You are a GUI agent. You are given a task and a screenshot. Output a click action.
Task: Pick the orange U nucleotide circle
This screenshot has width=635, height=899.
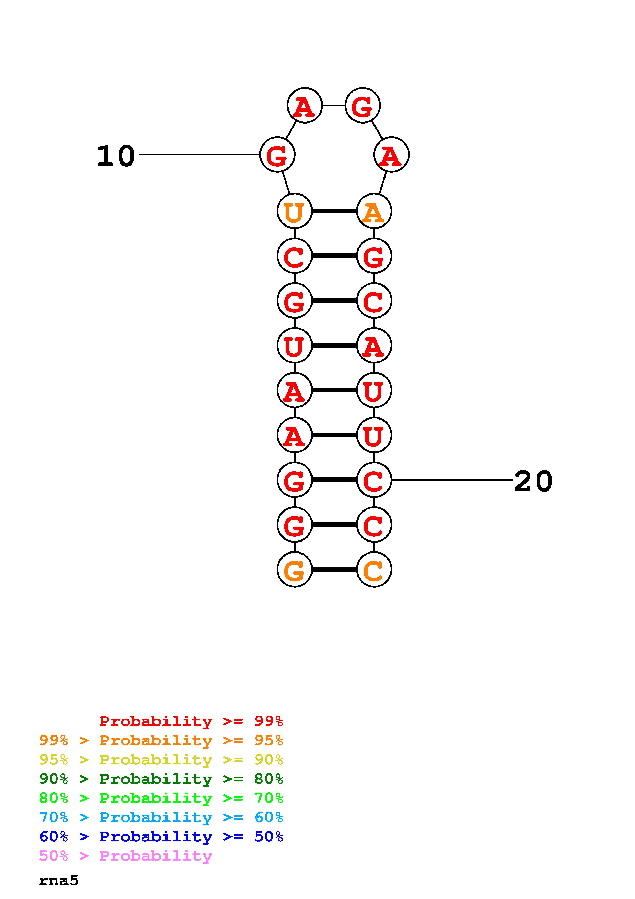294,211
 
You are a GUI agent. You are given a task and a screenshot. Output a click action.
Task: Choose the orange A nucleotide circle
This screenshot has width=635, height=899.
374,211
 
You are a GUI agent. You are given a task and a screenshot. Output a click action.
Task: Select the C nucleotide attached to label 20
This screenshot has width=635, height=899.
374,480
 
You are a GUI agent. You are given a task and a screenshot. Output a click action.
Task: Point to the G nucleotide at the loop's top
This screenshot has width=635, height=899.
362,105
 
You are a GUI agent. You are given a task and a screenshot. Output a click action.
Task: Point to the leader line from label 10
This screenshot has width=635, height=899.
200,155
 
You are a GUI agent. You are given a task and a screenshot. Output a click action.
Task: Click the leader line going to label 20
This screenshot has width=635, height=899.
452,480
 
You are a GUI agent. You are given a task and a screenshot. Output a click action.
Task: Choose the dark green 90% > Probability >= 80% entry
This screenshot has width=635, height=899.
161,779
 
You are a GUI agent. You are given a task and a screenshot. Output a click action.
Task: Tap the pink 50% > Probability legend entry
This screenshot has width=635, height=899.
126,856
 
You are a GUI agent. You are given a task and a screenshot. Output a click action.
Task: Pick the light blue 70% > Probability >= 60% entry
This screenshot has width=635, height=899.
161,818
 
